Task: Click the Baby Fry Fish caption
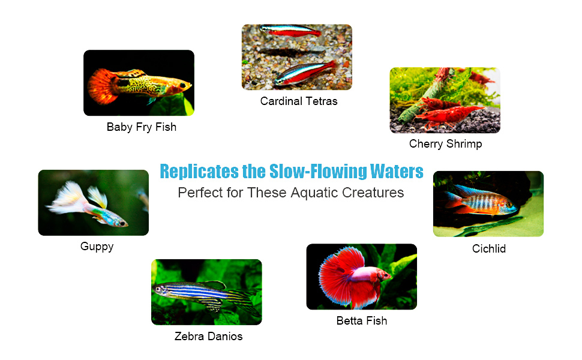click(142, 127)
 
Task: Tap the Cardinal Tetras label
click(299, 101)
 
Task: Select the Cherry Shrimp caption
click(445, 143)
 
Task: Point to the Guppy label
click(97, 247)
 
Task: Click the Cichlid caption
click(489, 248)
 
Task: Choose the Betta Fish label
click(362, 320)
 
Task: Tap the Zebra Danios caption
click(208, 336)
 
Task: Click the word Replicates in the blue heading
click(199, 172)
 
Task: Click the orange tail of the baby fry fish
click(102, 86)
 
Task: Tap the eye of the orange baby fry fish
click(182, 86)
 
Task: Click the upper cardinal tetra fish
click(290, 31)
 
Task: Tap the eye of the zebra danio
click(158, 289)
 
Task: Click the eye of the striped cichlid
click(509, 204)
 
